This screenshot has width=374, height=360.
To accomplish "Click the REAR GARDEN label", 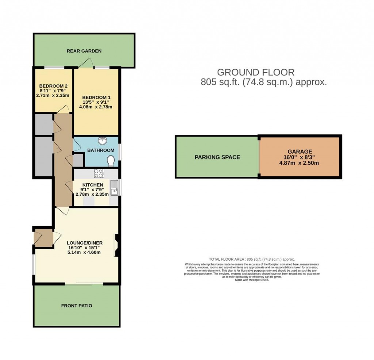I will click(x=84, y=51).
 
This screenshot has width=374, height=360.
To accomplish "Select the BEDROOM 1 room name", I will click(x=96, y=97).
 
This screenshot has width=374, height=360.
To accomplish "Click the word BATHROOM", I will click(x=100, y=150).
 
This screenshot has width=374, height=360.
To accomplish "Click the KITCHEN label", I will click(x=92, y=185).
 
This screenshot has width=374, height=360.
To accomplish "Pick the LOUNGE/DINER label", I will click(x=84, y=243).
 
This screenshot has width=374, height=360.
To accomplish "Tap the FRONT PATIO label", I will click(x=77, y=306).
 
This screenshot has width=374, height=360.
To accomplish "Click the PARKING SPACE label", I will click(x=217, y=157).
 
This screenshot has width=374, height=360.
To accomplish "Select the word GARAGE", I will click(x=299, y=151).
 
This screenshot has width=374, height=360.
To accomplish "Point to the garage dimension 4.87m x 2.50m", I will click(x=299, y=163).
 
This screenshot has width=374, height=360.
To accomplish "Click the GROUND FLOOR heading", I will click(x=256, y=72).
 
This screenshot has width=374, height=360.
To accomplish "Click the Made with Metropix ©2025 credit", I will click(x=252, y=280).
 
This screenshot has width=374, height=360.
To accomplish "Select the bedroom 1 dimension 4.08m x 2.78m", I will click(x=96, y=107).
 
